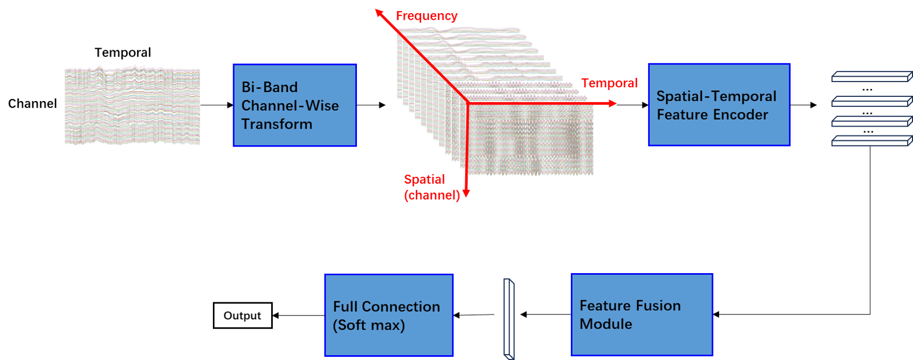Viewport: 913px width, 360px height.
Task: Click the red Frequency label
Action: (427, 16)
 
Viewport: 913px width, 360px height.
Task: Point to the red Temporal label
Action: (609, 83)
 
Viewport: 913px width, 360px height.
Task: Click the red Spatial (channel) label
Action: (431, 187)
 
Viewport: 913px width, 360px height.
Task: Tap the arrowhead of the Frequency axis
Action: (378, 12)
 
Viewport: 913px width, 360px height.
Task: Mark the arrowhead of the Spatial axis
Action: (466, 194)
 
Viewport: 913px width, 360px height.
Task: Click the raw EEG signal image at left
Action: (132, 105)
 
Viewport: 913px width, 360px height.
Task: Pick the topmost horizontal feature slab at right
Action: (871, 77)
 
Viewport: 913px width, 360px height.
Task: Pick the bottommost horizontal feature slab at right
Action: (871, 141)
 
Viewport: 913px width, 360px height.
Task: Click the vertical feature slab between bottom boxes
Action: (508, 318)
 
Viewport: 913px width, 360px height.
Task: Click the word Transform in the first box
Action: (276, 124)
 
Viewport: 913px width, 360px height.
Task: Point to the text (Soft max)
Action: (369, 325)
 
